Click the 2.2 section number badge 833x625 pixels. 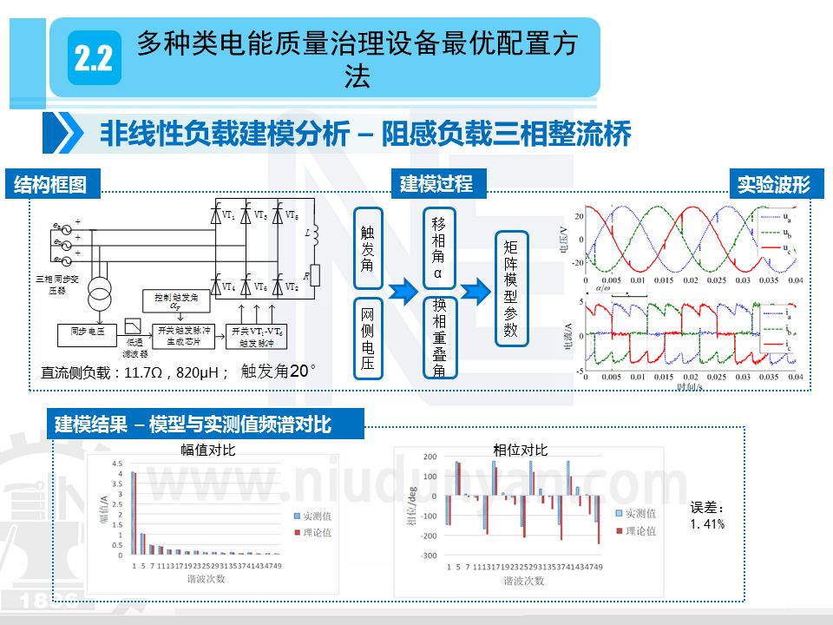point(94,58)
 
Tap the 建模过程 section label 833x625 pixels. point(436,184)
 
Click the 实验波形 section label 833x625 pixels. point(773,184)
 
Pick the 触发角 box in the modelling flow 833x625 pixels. point(368,248)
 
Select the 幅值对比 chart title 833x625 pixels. point(208,450)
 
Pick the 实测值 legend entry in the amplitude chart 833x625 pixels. point(311,516)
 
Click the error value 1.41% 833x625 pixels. point(707,524)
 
